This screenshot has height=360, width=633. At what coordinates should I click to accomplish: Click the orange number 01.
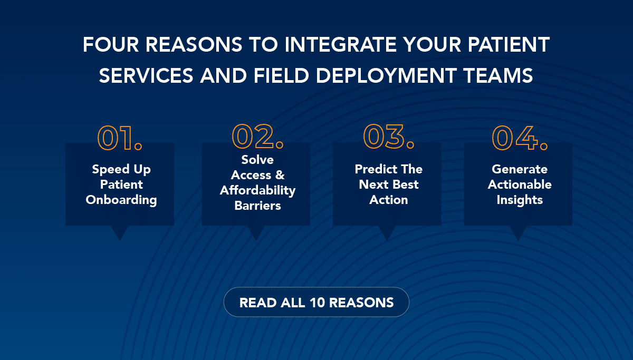(x=120, y=138)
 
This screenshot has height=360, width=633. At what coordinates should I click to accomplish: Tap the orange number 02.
(x=257, y=137)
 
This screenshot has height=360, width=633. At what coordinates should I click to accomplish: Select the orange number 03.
(x=389, y=137)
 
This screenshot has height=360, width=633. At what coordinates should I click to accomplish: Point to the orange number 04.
(x=520, y=138)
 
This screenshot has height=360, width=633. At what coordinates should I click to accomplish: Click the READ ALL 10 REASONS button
(x=316, y=302)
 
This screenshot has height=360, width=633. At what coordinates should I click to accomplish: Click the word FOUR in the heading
(x=110, y=45)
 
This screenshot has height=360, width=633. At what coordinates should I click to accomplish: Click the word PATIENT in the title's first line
(x=509, y=45)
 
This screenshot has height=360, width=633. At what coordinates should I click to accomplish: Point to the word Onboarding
(x=121, y=200)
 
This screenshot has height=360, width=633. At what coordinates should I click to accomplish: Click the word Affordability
(x=257, y=191)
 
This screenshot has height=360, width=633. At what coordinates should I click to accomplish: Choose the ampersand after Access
(x=280, y=175)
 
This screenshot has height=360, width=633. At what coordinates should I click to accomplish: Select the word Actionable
(x=520, y=184)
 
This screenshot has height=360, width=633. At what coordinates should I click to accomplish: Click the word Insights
(x=520, y=200)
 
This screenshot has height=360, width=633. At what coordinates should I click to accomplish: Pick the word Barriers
(x=257, y=206)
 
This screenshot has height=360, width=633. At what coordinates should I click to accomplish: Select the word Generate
(x=520, y=169)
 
